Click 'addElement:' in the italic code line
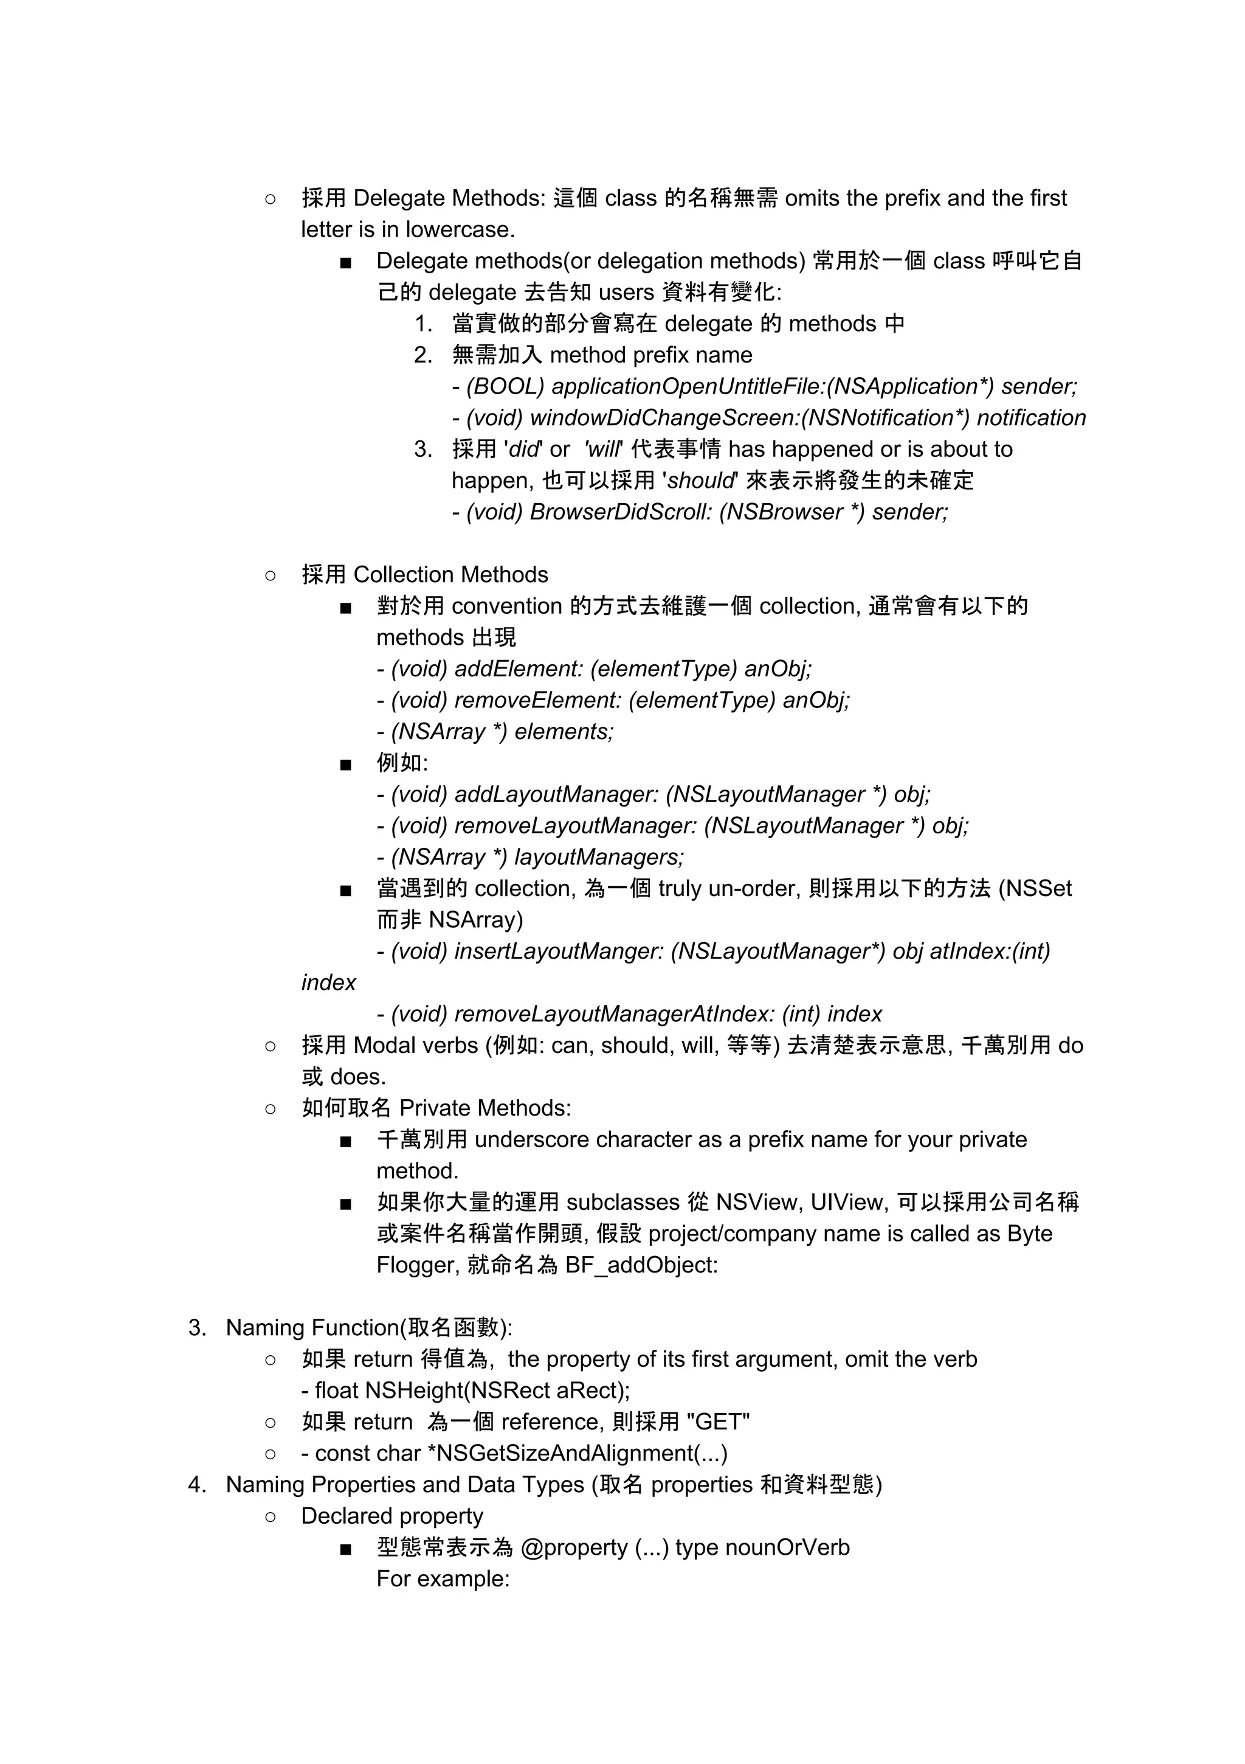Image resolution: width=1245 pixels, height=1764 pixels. click(x=519, y=669)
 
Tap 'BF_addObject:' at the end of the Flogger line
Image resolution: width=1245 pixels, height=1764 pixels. click(x=641, y=1265)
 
